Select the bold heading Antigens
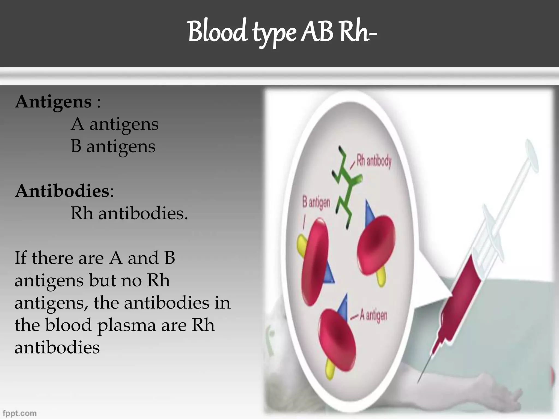point(53,102)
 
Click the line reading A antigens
point(114,124)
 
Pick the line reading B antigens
point(113,146)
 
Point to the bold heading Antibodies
point(63,191)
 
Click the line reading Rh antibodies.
point(129,213)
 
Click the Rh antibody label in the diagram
point(374,161)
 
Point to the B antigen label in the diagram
point(316,203)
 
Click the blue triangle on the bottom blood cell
point(343,307)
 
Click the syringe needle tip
point(419,381)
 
